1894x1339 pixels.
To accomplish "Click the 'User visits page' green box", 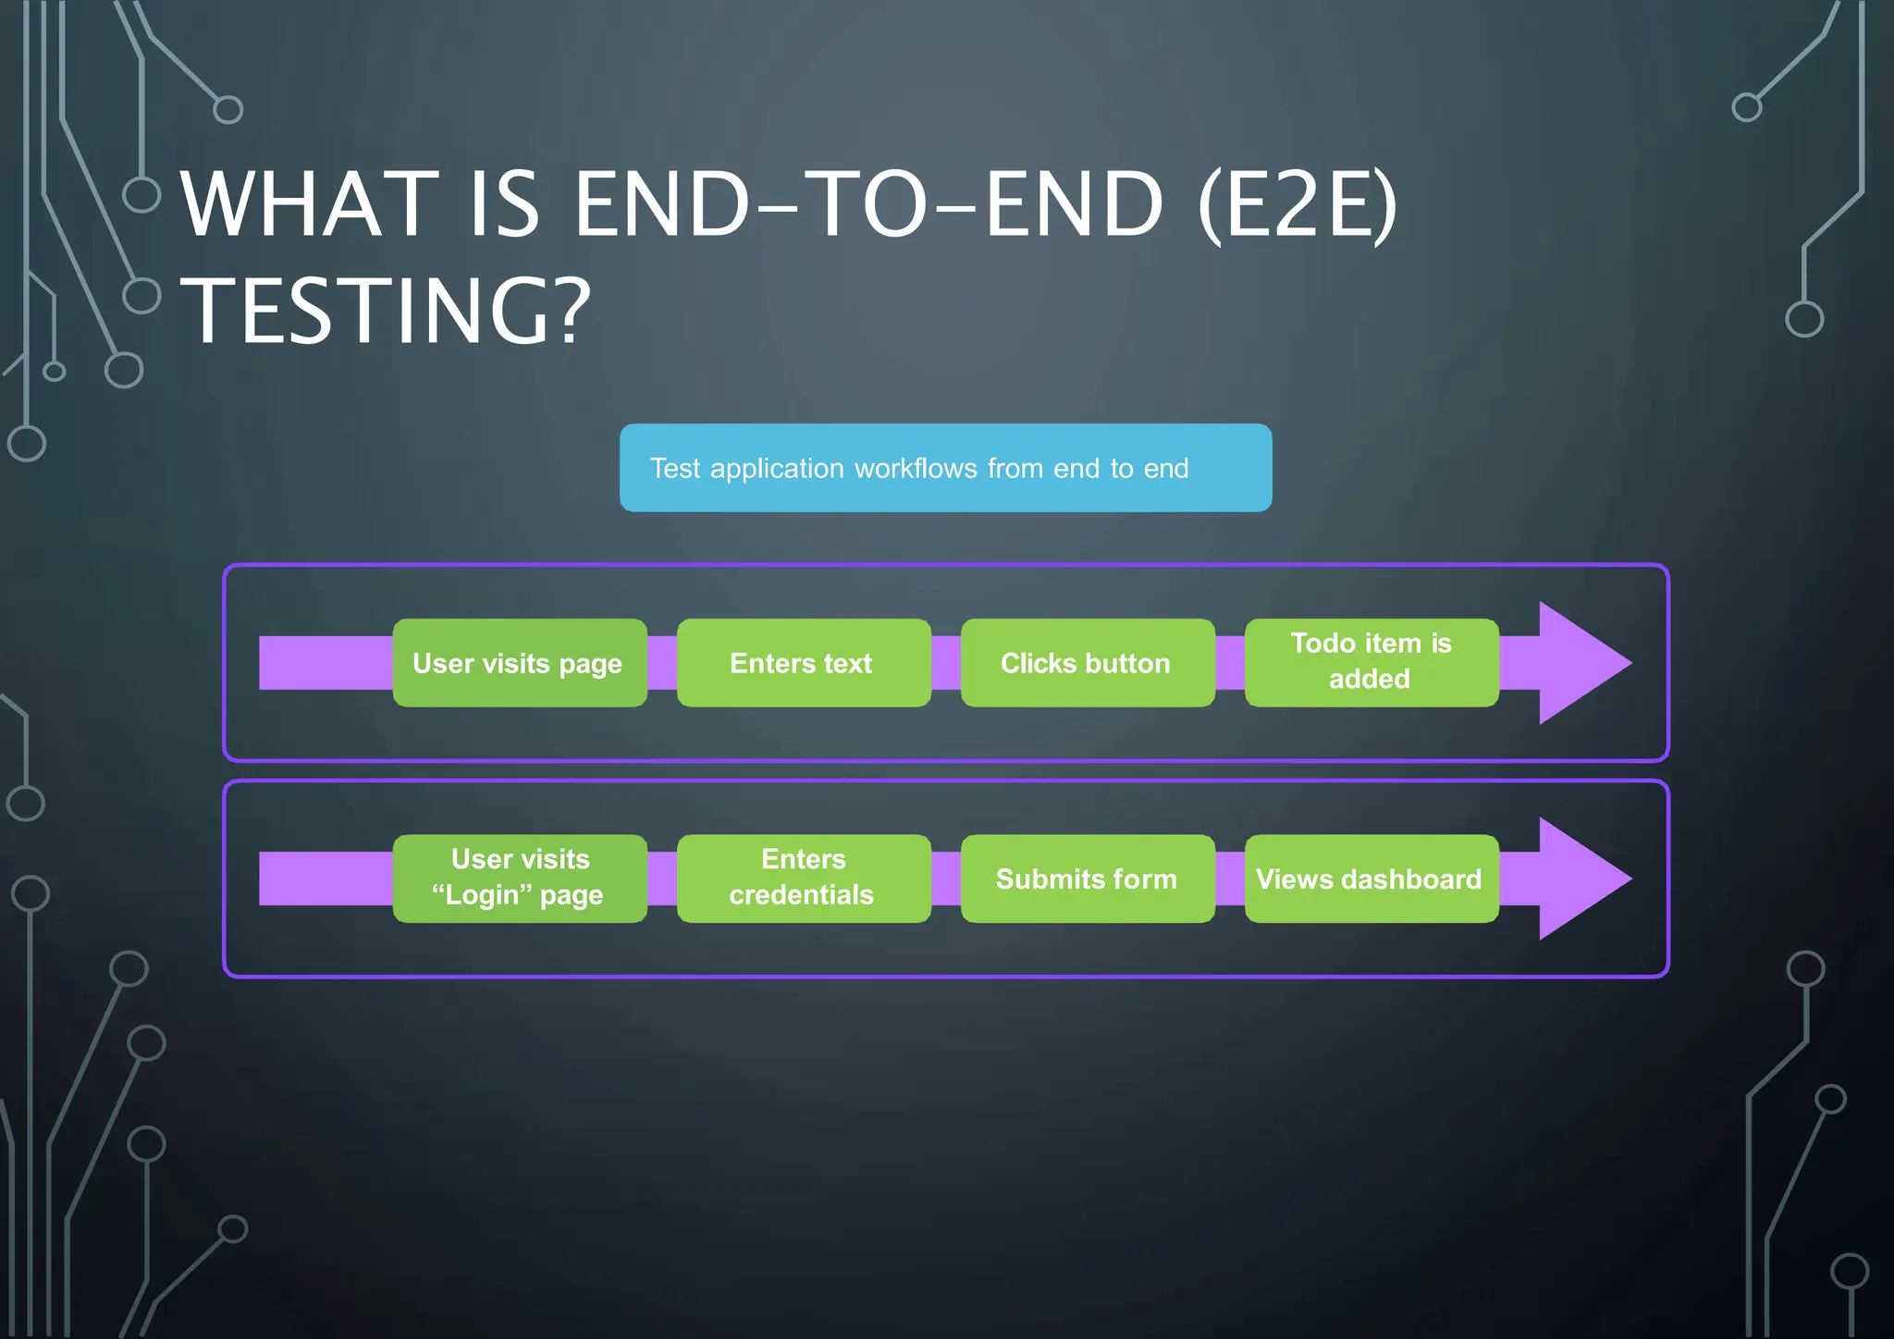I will [519, 663].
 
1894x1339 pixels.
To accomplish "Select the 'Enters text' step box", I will [803, 663].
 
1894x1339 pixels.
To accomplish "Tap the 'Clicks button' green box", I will [1087, 663].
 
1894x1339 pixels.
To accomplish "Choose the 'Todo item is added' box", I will [1371, 662].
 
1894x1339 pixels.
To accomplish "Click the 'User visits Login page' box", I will [519, 878].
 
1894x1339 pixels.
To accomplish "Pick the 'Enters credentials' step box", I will [803, 878].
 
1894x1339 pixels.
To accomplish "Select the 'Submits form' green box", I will [1087, 878].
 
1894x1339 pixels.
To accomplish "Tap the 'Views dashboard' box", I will [1371, 878].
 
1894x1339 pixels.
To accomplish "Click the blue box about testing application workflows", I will [945, 468].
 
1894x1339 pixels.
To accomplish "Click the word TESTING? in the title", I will [385, 311].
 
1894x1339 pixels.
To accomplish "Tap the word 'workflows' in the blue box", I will [916, 469].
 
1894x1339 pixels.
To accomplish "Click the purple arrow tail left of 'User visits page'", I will [325, 663].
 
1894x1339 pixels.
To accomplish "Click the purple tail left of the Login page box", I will [325, 878].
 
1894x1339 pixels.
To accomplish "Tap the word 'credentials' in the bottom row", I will [801, 895].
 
